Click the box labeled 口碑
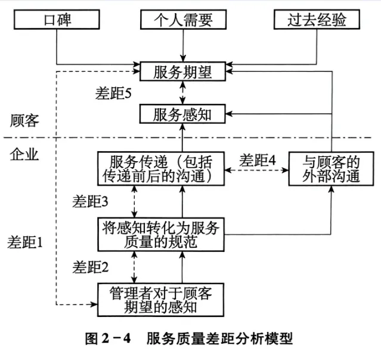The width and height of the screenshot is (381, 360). tap(56, 20)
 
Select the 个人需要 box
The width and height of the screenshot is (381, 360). tap(184, 20)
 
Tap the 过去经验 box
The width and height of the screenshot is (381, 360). tap(317, 20)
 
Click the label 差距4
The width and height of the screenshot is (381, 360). tap(258, 159)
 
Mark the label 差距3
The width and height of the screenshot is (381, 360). tap(89, 201)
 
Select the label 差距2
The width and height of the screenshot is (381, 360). tap(89, 266)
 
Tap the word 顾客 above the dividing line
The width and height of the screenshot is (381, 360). tap(24, 120)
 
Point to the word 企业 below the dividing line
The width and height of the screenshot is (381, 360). tap(24, 155)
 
